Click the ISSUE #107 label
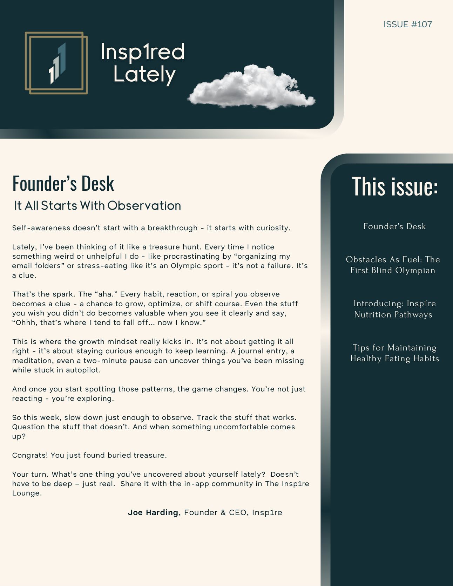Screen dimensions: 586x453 (407, 24)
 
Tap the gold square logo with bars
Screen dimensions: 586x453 (56, 63)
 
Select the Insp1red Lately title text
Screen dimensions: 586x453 (143, 63)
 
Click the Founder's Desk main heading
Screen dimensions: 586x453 (63, 183)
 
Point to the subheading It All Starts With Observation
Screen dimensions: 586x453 (97, 206)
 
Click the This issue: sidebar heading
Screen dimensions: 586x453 (395, 186)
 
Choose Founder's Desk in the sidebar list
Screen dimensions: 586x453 (394, 226)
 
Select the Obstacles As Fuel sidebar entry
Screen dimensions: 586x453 (393, 265)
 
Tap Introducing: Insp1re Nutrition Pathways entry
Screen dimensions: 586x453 (394, 309)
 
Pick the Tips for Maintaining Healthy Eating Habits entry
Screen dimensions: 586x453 (394, 353)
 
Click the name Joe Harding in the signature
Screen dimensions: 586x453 (153, 512)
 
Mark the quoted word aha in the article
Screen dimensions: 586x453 (105, 294)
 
